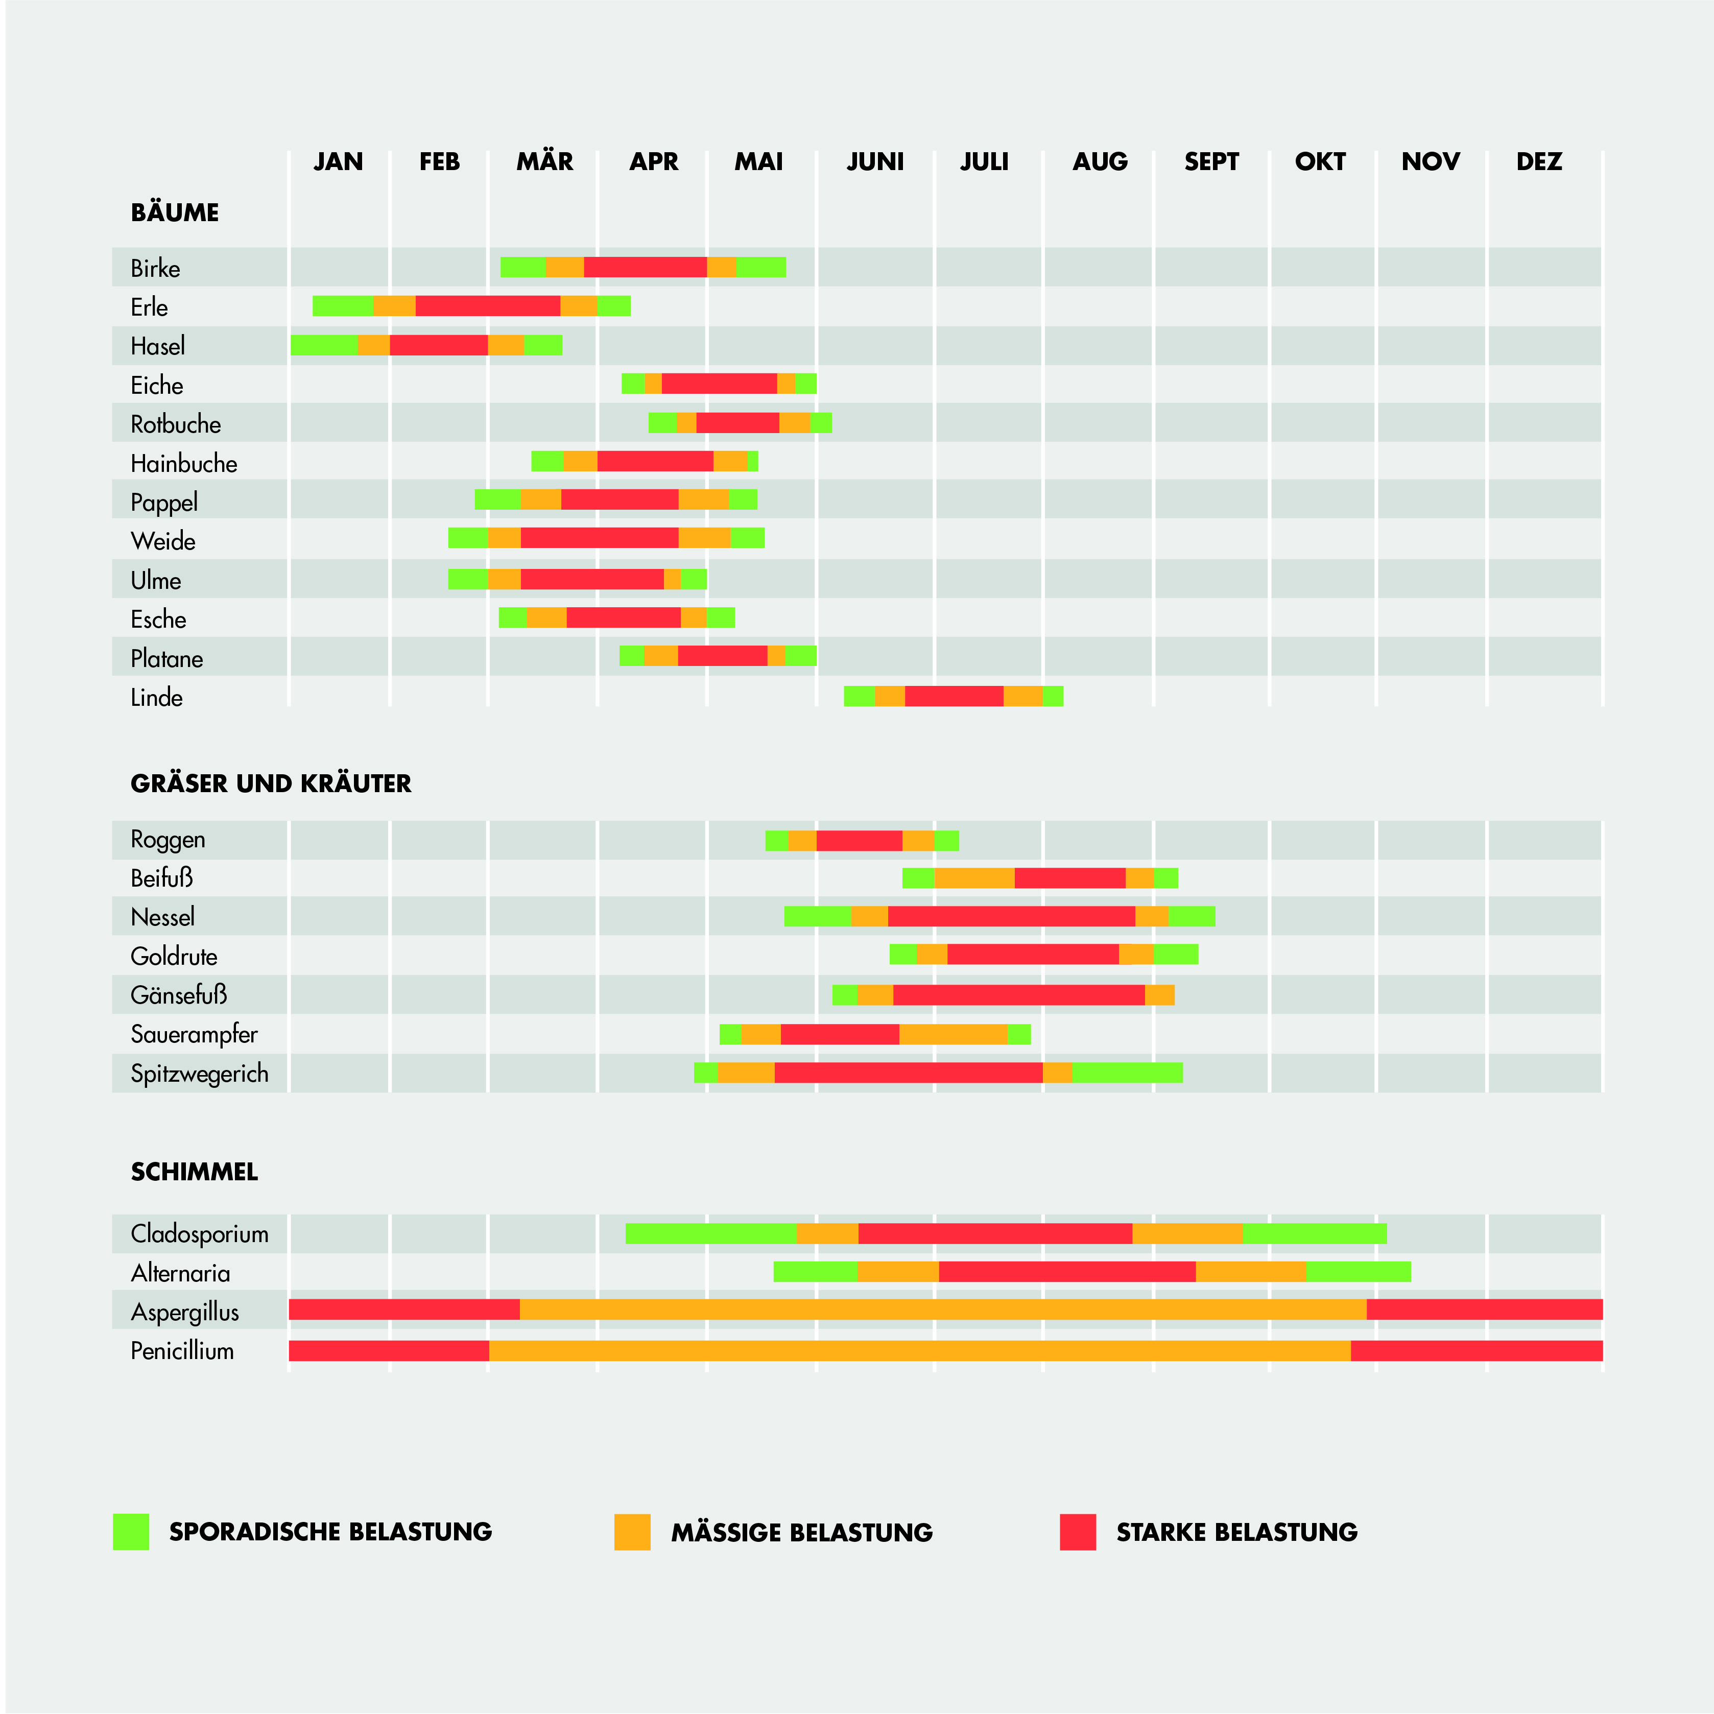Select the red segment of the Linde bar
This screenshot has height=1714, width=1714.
(x=954, y=697)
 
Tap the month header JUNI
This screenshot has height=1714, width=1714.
(x=875, y=161)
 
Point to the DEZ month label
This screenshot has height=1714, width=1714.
(x=1538, y=161)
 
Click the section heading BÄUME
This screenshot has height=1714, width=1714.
(x=175, y=213)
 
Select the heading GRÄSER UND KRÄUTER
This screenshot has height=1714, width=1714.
(x=271, y=783)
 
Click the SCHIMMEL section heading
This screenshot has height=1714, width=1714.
(x=194, y=1172)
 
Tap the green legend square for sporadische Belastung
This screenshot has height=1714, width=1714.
(x=131, y=1532)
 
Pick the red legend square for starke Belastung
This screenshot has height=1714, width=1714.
(x=1078, y=1532)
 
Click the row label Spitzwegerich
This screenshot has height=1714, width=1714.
(x=200, y=1074)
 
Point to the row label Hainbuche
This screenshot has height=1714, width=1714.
(x=184, y=463)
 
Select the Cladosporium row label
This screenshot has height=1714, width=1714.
(x=200, y=1234)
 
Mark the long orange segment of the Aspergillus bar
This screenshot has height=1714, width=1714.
(x=942, y=1310)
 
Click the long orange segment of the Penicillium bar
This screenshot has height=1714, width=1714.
(x=919, y=1350)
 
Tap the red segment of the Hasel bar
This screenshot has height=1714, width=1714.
(x=438, y=345)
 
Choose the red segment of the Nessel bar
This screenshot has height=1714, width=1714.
(x=1011, y=916)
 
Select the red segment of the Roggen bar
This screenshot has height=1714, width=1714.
(x=859, y=840)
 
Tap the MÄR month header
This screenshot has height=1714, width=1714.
(x=545, y=161)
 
